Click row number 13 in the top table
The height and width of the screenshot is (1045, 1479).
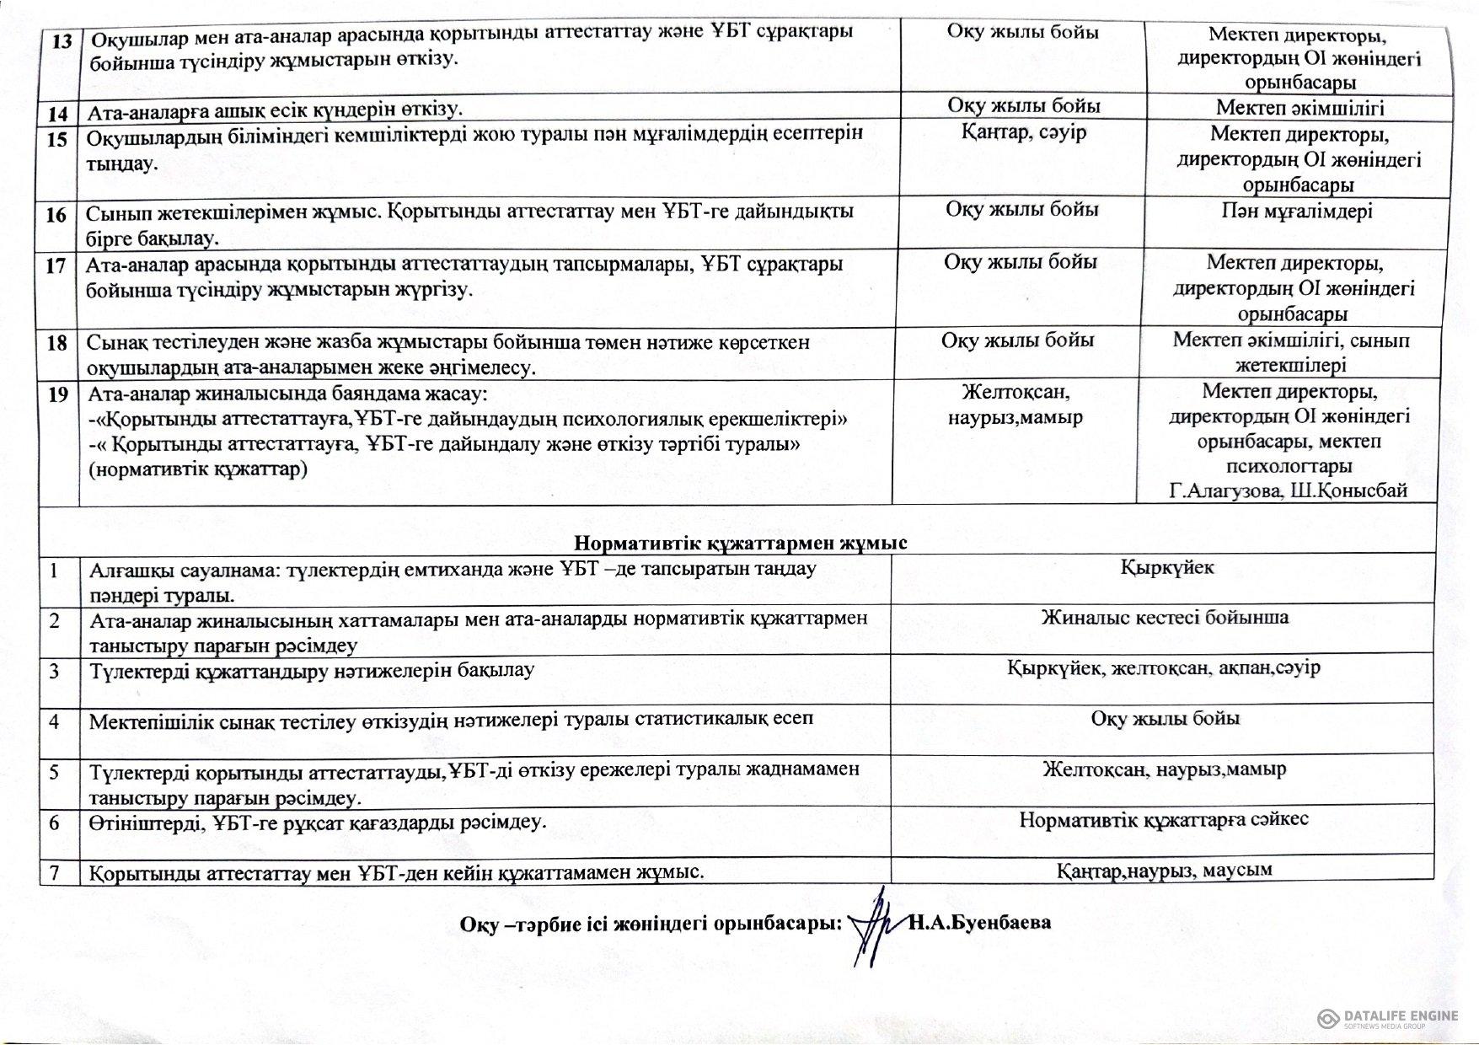pos(61,40)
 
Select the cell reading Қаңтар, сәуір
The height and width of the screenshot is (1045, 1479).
pos(1023,132)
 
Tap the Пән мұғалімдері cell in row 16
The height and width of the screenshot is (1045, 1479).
pos(1296,211)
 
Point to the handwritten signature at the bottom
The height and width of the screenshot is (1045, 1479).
pos(871,926)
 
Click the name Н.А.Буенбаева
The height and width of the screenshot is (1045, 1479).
pos(980,922)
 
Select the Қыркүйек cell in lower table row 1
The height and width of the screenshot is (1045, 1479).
pos(1166,567)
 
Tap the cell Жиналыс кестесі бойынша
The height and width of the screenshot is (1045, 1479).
pos(1165,617)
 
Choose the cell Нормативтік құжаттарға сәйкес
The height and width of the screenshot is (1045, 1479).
pos(1163,819)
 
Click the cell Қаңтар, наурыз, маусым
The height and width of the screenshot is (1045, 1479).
pos(1164,869)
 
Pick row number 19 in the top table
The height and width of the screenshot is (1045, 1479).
pos(57,394)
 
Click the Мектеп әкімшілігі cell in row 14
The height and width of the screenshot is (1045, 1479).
pos(1299,107)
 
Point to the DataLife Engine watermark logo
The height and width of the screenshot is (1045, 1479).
pos(1386,1018)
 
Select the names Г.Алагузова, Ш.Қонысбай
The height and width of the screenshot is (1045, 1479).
pos(1288,490)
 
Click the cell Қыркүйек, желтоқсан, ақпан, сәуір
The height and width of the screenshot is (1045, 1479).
pos(1163,667)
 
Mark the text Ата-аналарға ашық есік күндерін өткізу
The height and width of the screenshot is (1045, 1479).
pos(274,109)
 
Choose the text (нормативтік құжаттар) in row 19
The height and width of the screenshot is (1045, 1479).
pos(198,469)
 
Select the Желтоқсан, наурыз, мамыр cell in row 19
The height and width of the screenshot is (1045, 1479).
pos(1015,405)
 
